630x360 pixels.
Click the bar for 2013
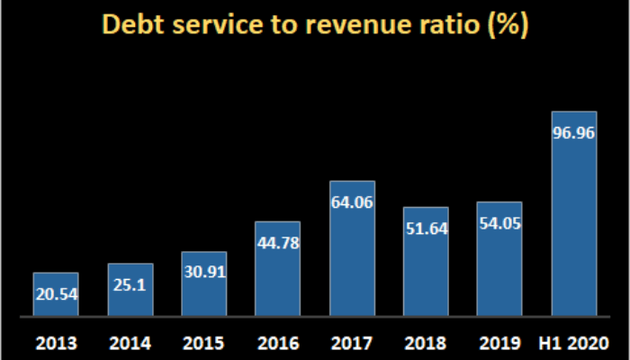pyautogui.click(x=56, y=294)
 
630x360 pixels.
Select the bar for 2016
pyautogui.click(x=277, y=269)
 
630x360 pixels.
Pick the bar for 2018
pyautogui.click(x=426, y=262)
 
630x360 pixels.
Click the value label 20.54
pyautogui.click(x=56, y=293)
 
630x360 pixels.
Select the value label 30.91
pyautogui.click(x=203, y=274)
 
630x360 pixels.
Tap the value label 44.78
pyautogui.click(x=277, y=242)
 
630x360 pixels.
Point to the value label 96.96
pyautogui.click(x=574, y=132)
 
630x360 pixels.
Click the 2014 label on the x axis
pyautogui.click(x=130, y=343)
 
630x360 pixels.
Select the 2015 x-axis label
pyautogui.click(x=203, y=343)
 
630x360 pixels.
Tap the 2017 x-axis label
pyautogui.click(x=352, y=343)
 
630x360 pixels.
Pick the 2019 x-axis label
pyautogui.click(x=499, y=343)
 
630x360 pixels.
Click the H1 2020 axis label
pyautogui.click(x=574, y=343)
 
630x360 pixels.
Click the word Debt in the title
pyautogui.click(x=131, y=24)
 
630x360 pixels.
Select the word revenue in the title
pyautogui.click(x=355, y=24)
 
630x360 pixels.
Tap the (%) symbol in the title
pyautogui.click(x=507, y=24)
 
